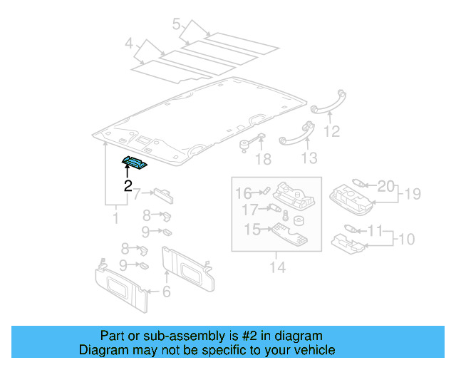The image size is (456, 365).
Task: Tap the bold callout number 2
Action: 128,187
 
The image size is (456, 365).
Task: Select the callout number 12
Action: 331,131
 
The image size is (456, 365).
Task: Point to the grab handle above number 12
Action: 328,101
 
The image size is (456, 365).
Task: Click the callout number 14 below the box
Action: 277,267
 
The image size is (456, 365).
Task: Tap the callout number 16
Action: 244,192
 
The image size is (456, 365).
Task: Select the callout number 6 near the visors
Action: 167,291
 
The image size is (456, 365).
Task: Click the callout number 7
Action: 138,192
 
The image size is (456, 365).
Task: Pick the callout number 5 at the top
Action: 176,25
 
